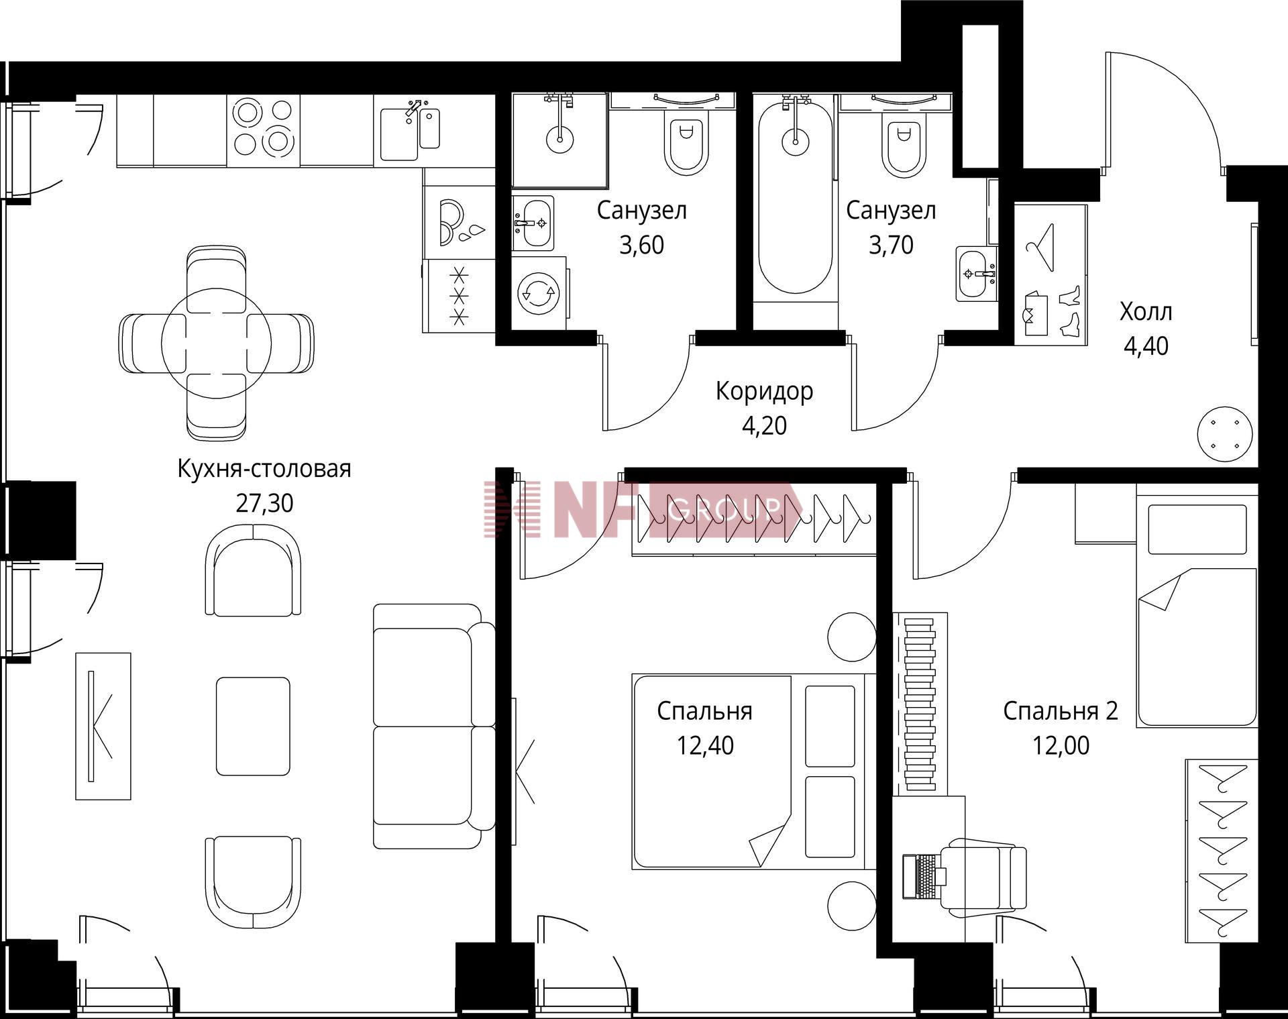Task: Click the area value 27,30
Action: pyautogui.click(x=264, y=503)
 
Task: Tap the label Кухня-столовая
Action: pyautogui.click(x=264, y=469)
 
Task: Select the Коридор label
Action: pyautogui.click(x=764, y=391)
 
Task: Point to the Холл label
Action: pyautogui.click(x=1146, y=312)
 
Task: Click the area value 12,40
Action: pyautogui.click(x=705, y=745)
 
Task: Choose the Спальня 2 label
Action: pyautogui.click(x=1061, y=711)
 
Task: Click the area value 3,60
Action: pyautogui.click(x=641, y=245)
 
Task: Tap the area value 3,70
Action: pyautogui.click(x=891, y=245)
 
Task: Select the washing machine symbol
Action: pyautogui.click(x=539, y=293)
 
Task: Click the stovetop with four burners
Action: pyautogui.click(x=263, y=131)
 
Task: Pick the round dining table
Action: pyautogui.click(x=216, y=343)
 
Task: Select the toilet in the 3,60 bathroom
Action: pyautogui.click(x=686, y=142)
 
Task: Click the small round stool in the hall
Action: pyautogui.click(x=1224, y=433)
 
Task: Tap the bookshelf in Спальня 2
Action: pyautogui.click(x=920, y=704)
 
